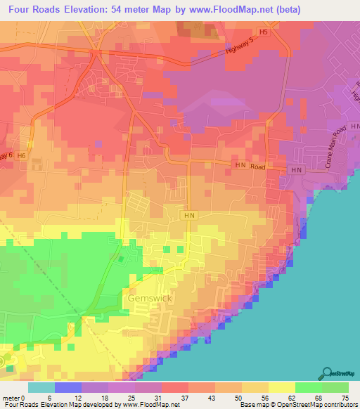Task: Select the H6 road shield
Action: [22, 155]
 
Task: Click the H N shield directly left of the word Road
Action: [240, 165]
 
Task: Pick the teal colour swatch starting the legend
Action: [41, 387]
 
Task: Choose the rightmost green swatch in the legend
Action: [335, 387]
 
